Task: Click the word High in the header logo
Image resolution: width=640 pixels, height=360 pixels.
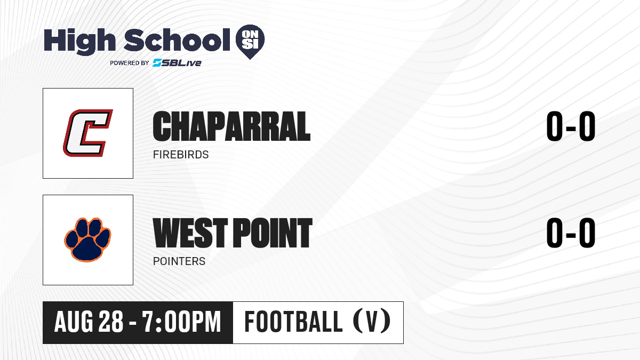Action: [x=79, y=41]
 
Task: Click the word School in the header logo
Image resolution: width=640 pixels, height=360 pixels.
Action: [x=177, y=39]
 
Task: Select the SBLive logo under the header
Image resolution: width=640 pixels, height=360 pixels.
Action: [x=177, y=63]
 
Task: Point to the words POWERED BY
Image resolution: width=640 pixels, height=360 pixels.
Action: [x=130, y=63]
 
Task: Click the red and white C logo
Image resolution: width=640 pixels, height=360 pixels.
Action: [x=87, y=133]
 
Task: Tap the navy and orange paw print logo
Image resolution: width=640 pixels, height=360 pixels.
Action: [x=87, y=239]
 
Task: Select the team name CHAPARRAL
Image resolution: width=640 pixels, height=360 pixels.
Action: [x=231, y=126]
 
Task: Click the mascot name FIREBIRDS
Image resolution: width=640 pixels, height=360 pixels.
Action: [x=181, y=155]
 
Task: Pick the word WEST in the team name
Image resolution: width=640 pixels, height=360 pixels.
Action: [x=190, y=233]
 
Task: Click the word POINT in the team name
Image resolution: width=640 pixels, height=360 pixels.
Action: [x=273, y=233]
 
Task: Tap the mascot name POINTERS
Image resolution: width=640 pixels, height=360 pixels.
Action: [x=179, y=261]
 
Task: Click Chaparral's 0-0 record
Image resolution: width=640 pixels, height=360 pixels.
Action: [x=571, y=126]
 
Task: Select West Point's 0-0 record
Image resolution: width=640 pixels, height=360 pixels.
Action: [x=571, y=233]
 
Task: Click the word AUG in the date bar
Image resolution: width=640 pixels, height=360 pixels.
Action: [x=74, y=322]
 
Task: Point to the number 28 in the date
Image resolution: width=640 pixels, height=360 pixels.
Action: [x=111, y=322]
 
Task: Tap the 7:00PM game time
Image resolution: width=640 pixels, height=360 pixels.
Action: [x=182, y=322]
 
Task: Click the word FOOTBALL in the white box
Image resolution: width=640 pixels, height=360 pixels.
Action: [x=293, y=322]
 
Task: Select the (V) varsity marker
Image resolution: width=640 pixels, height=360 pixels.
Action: [x=372, y=321]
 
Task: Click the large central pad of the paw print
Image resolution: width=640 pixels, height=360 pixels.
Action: [x=87, y=249]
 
